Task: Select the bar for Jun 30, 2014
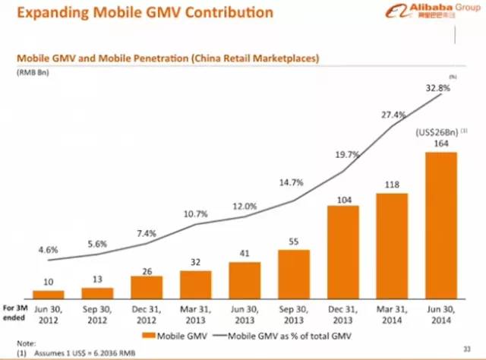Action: (441, 224)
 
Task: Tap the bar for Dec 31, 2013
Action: (343, 251)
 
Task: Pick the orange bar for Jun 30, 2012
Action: (48, 293)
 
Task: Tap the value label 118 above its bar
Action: (392, 184)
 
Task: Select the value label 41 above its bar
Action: (245, 253)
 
